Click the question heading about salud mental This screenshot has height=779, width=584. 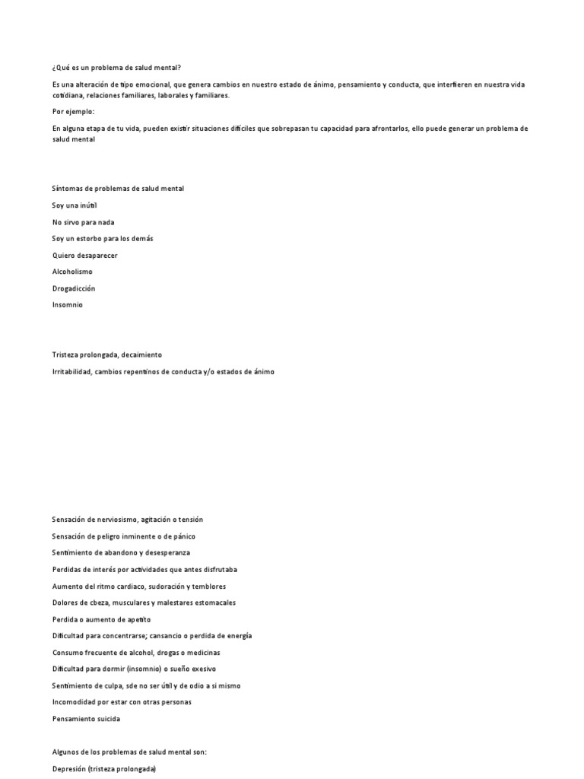pyautogui.click(x=116, y=68)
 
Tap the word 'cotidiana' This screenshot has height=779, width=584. pyautogui.click(x=67, y=96)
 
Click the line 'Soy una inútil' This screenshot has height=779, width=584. pyautogui.click(x=75, y=205)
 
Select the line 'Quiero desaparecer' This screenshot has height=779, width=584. pyautogui.click(x=84, y=256)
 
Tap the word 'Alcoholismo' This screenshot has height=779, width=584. pyautogui.click(x=73, y=272)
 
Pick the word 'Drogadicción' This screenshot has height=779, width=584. pyautogui.click(x=74, y=288)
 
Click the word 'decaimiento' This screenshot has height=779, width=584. pyautogui.click(x=139, y=355)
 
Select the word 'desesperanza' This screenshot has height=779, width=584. pyautogui.click(x=168, y=553)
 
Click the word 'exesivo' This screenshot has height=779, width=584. pyautogui.click(x=203, y=669)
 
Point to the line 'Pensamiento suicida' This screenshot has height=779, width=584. pyautogui.click(x=86, y=719)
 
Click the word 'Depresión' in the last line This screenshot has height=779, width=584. pyautogui.click(x=69, y=769)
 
